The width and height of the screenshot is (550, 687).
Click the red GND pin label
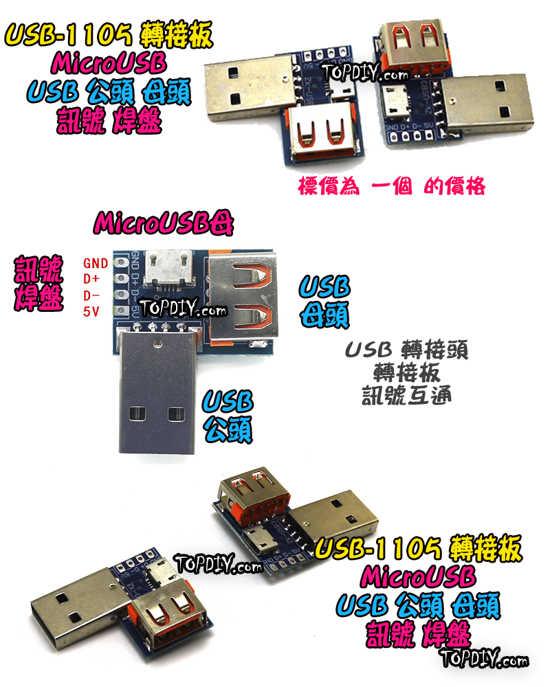[96, 262]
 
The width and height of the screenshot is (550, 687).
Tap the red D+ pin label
[91, 279]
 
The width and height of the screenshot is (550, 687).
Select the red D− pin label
[91, 295]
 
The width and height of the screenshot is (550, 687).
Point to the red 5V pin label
[91, 312]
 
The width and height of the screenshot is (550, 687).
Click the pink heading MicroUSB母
[164, 223]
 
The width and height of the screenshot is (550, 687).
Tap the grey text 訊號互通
[406, 396]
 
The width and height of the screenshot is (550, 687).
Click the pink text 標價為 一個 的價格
[391, 186]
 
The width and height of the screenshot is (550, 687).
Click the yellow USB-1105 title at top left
[110, 34]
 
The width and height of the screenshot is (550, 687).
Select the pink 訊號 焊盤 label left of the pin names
[39, 282]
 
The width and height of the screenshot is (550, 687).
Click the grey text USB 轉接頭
[406, 350]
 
